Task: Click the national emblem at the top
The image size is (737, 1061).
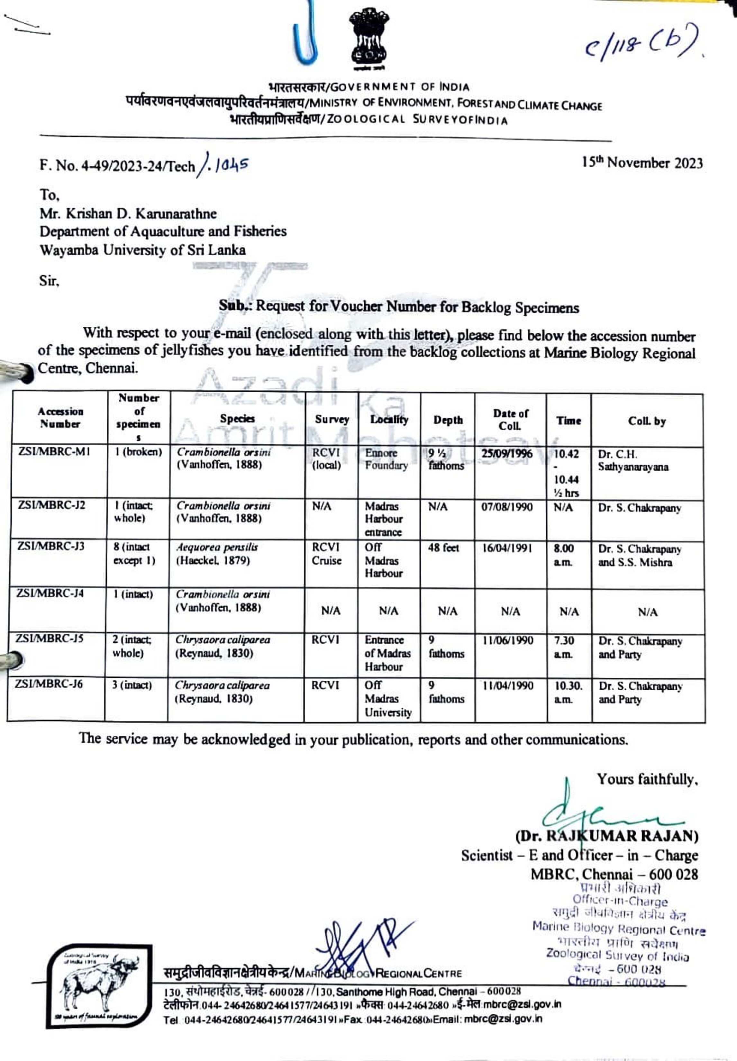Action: (368, 39)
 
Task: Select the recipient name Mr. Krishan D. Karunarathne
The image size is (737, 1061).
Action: (128, 214)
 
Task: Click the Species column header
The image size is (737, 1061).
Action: (237, 419)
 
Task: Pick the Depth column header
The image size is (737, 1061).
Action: (448, 420)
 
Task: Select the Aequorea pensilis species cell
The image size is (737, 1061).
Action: (217, 554)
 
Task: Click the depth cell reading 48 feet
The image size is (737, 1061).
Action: (443, 548)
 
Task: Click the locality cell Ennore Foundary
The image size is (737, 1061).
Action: (386, 459)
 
